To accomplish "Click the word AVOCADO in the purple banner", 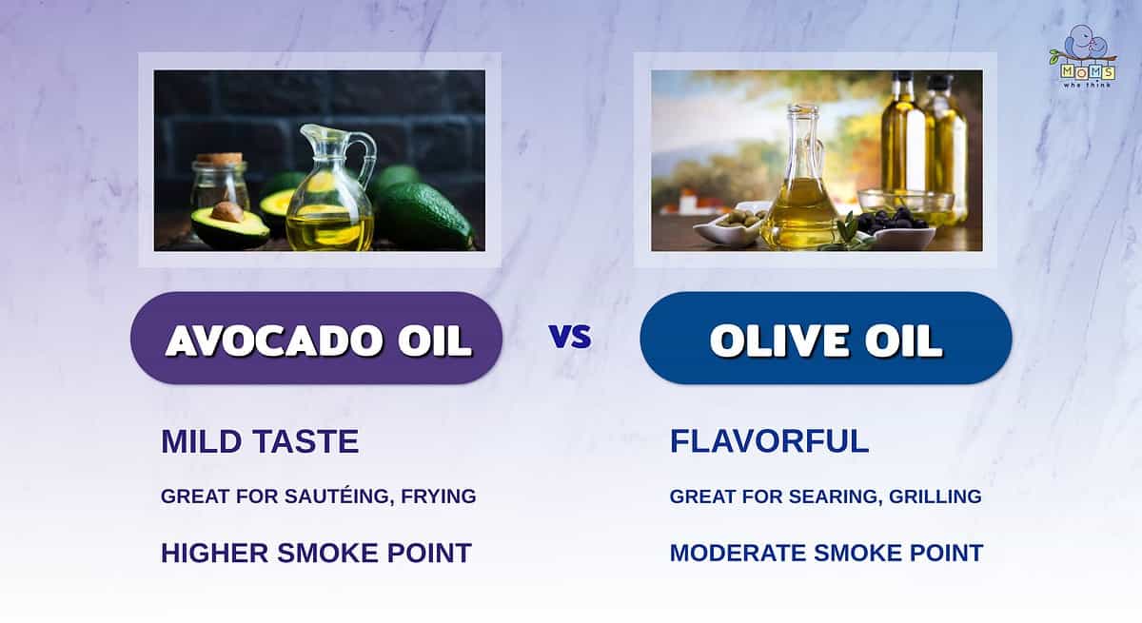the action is click(275, 341).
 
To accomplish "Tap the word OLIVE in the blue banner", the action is click(779, 341).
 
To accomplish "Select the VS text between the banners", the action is click(570, 337).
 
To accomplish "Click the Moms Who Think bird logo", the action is click(1084, 56).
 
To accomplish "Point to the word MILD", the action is click(202, 441).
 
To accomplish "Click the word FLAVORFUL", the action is click(769, 441).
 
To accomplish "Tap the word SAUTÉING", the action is click(339, 496).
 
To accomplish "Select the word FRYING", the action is click(439, 496).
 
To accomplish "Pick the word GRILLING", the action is click(935, 496).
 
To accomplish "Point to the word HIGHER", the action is click(215, 554).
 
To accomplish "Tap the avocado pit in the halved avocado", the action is click(227, 211).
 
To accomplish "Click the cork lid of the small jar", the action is click(219, 159).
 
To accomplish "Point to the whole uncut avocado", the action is click(425, 214).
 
